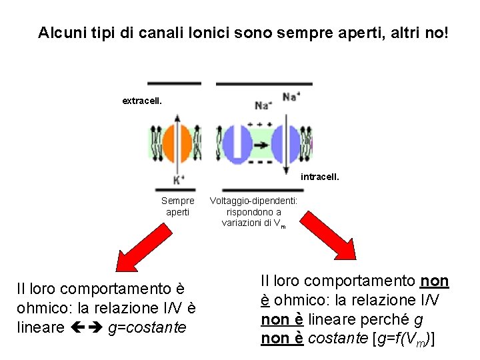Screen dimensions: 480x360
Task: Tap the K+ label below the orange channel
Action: pos(179,179)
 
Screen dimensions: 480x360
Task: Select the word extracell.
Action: pos(141,101)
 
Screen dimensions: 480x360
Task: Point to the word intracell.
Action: pos(320,177)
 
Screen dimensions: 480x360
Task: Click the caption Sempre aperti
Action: pos(178,206)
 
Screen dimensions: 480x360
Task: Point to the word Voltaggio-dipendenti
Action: pos(253,201)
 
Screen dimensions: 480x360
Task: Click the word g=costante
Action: pos(147,328)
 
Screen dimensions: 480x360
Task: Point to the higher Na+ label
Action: pos(291,95)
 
